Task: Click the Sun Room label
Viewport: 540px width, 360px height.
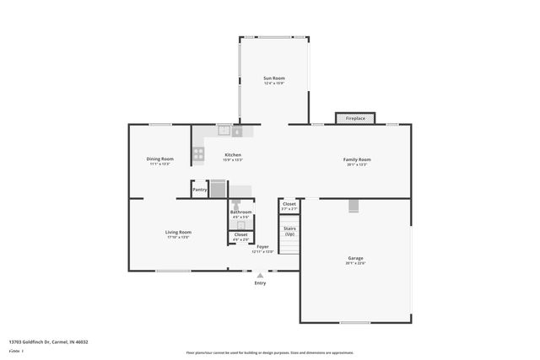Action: pos(274,78)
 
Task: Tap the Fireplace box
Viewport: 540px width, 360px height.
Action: pos(356,119)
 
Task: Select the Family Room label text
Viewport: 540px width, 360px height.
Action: pos(357,159)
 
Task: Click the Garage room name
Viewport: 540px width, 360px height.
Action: pos(356,258)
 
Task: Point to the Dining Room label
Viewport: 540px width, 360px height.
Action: pos(160,159)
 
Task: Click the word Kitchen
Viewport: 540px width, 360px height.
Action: pos(233,155)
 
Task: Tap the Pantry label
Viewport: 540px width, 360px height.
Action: pos(200,190)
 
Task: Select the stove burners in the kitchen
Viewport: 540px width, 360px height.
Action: pos(199,153)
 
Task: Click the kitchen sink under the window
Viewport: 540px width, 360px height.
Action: pos(224,131)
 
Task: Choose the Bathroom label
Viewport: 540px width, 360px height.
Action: pos(241,212)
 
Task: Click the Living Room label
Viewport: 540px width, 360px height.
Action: pos(178,232)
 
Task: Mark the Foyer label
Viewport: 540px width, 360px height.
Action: pos(263,246)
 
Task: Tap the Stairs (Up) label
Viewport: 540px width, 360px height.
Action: pos(289,230)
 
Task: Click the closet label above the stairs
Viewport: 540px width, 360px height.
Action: pos(289,203)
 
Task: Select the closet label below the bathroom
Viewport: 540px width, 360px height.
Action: pos(240,234)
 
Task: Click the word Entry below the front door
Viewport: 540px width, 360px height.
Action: pos(260,283)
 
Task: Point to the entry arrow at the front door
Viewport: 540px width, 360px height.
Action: pos(260,274)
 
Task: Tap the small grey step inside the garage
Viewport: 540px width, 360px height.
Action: pos(354,207)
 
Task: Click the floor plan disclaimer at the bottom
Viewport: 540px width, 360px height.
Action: pos(270,353)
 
